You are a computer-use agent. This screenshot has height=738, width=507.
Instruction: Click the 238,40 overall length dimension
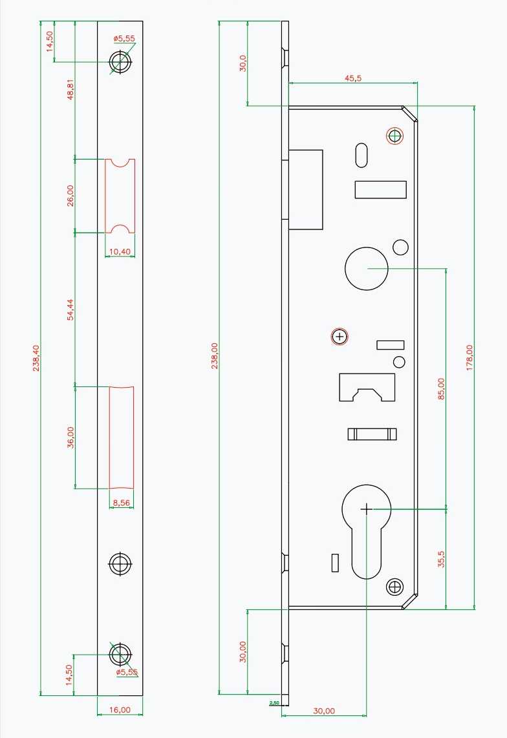click(x=36, y=358)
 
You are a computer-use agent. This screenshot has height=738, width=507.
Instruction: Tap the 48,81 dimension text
click(x=70, y=89)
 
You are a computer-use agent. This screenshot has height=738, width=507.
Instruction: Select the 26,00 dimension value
click(x=70, y=195)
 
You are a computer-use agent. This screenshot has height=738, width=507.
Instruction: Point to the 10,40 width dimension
click(x=120, y=252)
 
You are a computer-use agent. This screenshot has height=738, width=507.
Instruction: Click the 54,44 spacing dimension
click(x=70, y=310)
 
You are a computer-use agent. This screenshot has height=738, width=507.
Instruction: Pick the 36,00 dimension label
click(x=70, y=438)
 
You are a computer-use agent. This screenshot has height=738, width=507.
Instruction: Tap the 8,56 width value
click(x=121, y=503)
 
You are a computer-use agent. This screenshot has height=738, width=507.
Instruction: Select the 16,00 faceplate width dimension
click(x=120, y=710)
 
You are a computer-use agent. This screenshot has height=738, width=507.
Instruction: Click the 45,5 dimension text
click(x=353, y=78)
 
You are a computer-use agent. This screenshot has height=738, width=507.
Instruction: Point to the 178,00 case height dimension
click(x=469, y=358)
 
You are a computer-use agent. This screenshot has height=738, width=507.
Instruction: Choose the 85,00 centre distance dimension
click(x=441, y=389)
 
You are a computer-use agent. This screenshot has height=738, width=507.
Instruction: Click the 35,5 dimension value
click(x=441, y=559)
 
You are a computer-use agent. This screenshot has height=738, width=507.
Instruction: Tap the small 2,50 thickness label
click(x=274, y=703)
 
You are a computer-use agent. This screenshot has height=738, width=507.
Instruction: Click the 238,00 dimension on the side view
click(x=215, y=356)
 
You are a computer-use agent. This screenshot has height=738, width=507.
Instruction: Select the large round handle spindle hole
click(x=367, y=268)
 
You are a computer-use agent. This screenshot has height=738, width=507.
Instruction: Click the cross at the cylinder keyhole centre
click(x=367, y=509)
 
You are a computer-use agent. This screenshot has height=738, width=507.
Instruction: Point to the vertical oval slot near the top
click(x=361, y=155)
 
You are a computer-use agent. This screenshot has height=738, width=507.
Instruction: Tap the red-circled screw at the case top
click(x=395, y=136)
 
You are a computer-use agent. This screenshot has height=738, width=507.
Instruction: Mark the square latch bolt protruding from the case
click(x=305, y=190)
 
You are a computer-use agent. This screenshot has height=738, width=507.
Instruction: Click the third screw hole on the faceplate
click(x=121, y=564)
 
